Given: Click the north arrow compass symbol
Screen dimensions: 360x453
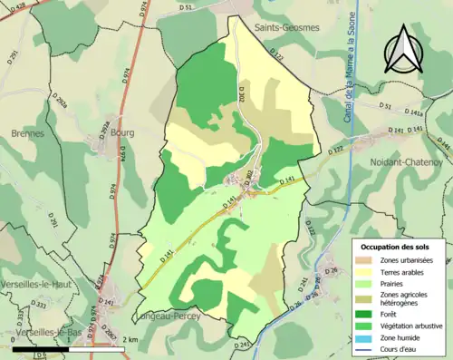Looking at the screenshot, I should [x=404, y=51].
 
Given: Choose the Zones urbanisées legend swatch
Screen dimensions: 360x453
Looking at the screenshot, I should [x=365, y=261].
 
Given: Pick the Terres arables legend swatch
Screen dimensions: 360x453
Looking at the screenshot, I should [x=365, y=274].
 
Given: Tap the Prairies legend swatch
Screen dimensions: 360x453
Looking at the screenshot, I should [x=365, y=287].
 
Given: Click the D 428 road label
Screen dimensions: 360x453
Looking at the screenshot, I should [x=18, y=5].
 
